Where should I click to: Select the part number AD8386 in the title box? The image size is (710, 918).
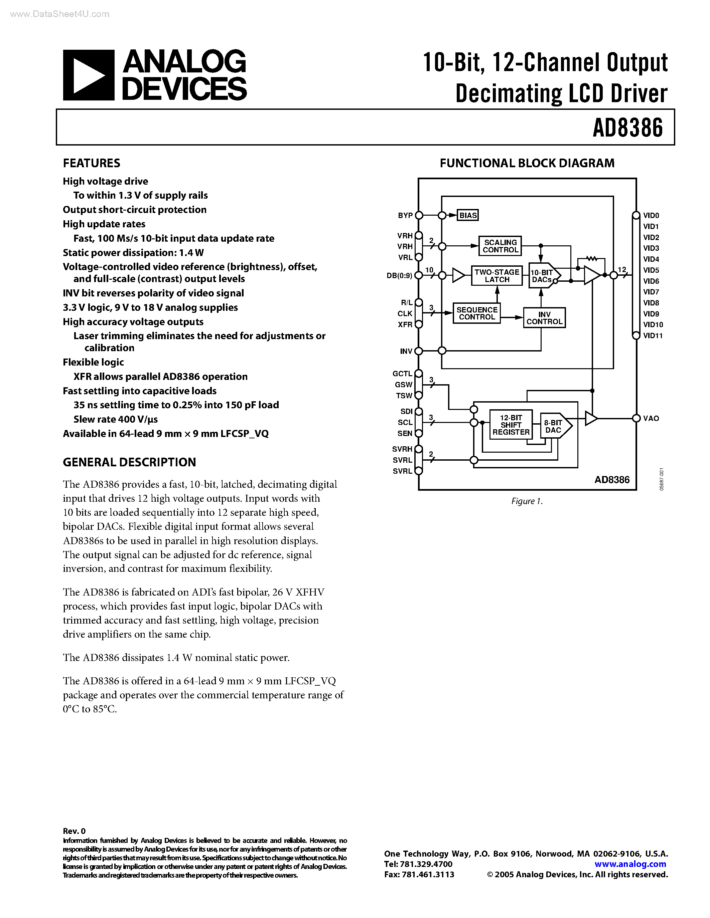pyautogui.click(x=627, y=128)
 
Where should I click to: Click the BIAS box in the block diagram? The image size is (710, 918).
pyautogui.click(x=468, y=216)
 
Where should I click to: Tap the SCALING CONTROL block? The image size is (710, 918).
pyautogui.click(x=500, y=246)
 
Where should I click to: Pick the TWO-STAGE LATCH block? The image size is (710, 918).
pyautogui.click(x=497, y=276)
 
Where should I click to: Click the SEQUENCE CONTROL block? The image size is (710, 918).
pyautogui.click(x=476, y=313)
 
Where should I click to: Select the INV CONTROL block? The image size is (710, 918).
pyautogui.click(x=544, y=318)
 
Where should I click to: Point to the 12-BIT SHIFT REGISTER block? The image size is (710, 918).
pyautogui.click(x=511, y=425)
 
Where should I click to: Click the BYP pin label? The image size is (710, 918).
pyautogui.click(x=405, y=216)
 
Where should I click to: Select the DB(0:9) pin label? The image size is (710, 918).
pyautogui.click(x=399, y=276)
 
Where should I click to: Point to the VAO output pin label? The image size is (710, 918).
pyautogui.click(x=651, y=419)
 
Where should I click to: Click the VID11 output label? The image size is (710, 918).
pyautogui.click(x=653, y=336)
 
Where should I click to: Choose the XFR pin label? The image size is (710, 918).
pyautogui.click(x=405, y=325)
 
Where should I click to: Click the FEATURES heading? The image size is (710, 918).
pyautogui.click(x=91, y=163)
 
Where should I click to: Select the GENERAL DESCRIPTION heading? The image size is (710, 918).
pyautogui.click(x=129, y=462)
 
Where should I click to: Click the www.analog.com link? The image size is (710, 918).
pyautogui.click(x=630, y=864)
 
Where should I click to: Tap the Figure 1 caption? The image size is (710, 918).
pyautogui.click(x=527, y=501)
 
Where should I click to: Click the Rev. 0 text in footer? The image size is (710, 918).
pyautogui.click(x=74, y=831)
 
